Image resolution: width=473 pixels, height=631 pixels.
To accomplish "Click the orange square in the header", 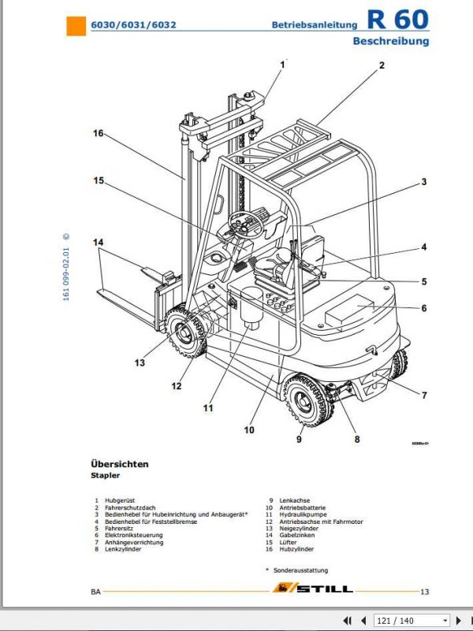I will pos(75,26).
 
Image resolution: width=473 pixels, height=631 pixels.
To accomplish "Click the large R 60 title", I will pos(398,20).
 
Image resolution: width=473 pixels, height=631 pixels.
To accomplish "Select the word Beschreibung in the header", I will pos(390,41).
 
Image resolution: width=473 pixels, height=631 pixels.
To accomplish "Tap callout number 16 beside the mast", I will pos(98,134).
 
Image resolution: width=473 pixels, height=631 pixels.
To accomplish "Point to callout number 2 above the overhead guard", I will pos(381,66).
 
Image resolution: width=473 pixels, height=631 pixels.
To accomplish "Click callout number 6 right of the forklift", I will pos(423,308).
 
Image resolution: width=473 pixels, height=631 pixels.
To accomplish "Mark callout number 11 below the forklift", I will pos(208,408).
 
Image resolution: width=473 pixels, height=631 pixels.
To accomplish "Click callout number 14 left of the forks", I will pos(99,243).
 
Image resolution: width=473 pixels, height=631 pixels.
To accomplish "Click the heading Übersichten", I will pos(119,464).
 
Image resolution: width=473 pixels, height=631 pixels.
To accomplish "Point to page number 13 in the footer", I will pos(424,592).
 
